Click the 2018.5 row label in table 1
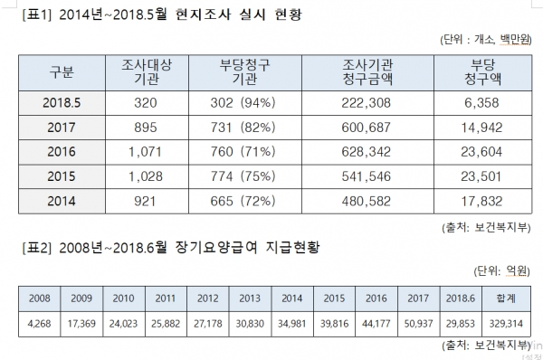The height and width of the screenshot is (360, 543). [62, 102]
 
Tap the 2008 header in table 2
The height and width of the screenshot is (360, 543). [39, 297]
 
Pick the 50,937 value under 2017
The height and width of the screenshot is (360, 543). [418, 322]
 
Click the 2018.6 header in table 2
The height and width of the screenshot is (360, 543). [460, 297]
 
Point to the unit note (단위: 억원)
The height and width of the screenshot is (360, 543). [503, 270]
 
